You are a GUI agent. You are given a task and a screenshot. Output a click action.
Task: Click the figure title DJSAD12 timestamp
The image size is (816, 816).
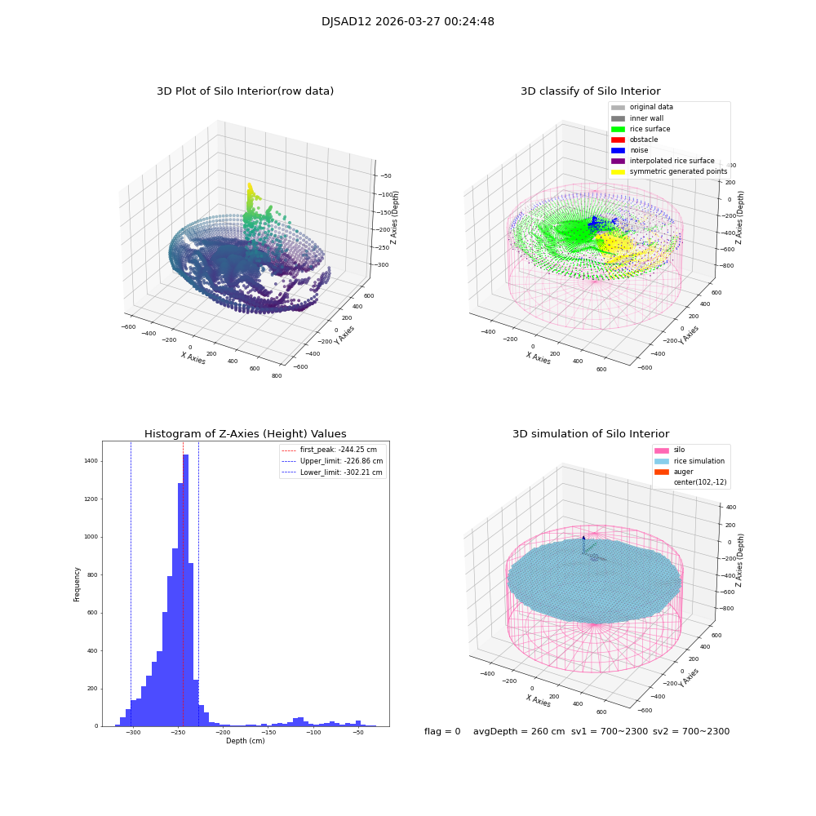[x=407, y=22]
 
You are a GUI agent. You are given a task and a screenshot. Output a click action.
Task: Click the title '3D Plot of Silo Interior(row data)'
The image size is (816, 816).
[x=245, y=91]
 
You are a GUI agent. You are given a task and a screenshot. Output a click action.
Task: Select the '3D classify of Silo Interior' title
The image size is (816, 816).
[x=590, y=91]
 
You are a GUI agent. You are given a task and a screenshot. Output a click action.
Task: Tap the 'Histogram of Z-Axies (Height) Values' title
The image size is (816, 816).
[x=245, y=434]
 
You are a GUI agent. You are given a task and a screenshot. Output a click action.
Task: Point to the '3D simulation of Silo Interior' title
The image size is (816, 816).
[x=590, y=434]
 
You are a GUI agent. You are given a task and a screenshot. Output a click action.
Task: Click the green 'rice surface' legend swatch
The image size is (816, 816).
[x=618, y=129]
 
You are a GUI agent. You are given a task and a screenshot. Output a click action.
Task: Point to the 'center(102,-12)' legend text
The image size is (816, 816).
[x=699, y=482]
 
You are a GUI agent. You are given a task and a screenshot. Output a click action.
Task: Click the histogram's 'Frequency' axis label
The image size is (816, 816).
[x=78, y=583]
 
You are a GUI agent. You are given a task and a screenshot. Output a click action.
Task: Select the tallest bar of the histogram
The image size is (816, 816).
[x=186, y=588]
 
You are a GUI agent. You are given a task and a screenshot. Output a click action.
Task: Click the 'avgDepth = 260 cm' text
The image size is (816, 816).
[x=519, y=732]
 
